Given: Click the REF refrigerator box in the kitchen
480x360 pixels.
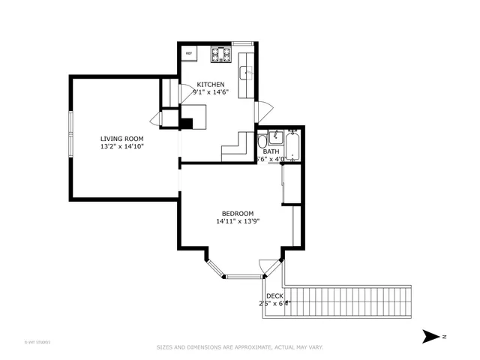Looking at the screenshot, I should tap(189, 53).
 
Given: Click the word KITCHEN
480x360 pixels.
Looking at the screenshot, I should tap(211, 84).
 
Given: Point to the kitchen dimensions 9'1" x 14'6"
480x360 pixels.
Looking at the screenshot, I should tap(211, 92).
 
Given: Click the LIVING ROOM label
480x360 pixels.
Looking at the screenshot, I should tap(122, 139).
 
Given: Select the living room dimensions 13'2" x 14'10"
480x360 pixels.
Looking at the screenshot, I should tap(122, 147).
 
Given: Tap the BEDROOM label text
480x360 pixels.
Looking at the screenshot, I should tap(237, 213).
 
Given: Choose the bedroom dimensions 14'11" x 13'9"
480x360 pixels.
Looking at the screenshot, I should tap(237, 221).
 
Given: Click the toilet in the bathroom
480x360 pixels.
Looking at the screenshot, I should tap(262, 142).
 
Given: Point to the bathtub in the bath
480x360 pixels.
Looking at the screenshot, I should tap(292, 145).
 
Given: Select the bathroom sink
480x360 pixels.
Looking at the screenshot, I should tap(276, 136).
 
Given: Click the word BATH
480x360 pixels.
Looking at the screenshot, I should tap(271, 151).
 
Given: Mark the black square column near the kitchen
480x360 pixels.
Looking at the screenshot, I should tap(185, 124).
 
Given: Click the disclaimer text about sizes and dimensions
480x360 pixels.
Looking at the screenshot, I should tap(239, 347).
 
